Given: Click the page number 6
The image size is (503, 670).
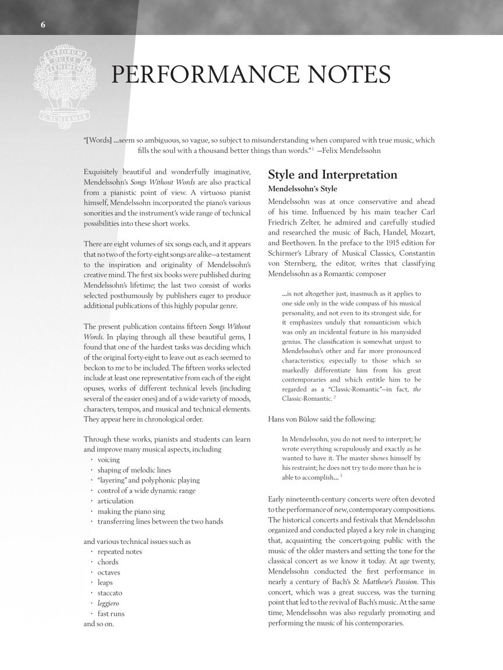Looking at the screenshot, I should tap(43, 24).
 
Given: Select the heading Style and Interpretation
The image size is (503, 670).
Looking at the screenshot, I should tap(332, 175).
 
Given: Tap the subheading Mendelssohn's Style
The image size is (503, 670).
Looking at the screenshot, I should tap(302, 189).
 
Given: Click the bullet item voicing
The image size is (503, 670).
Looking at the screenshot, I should tap(108, 459).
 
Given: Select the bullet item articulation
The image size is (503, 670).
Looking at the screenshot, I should tap(115, 501).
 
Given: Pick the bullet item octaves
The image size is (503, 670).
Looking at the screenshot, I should tap(109, 572).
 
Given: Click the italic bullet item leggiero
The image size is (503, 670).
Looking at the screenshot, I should tap(108, 603).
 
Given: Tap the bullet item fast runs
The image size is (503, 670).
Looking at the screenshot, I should tap(111, 614).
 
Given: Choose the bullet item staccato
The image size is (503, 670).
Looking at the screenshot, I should tap(110, 593).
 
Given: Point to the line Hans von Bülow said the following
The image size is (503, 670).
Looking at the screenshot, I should tap(322, 419).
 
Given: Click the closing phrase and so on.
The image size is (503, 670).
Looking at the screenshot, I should tap(99, 624).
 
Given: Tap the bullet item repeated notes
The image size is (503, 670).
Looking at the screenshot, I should tap(119, 551).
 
